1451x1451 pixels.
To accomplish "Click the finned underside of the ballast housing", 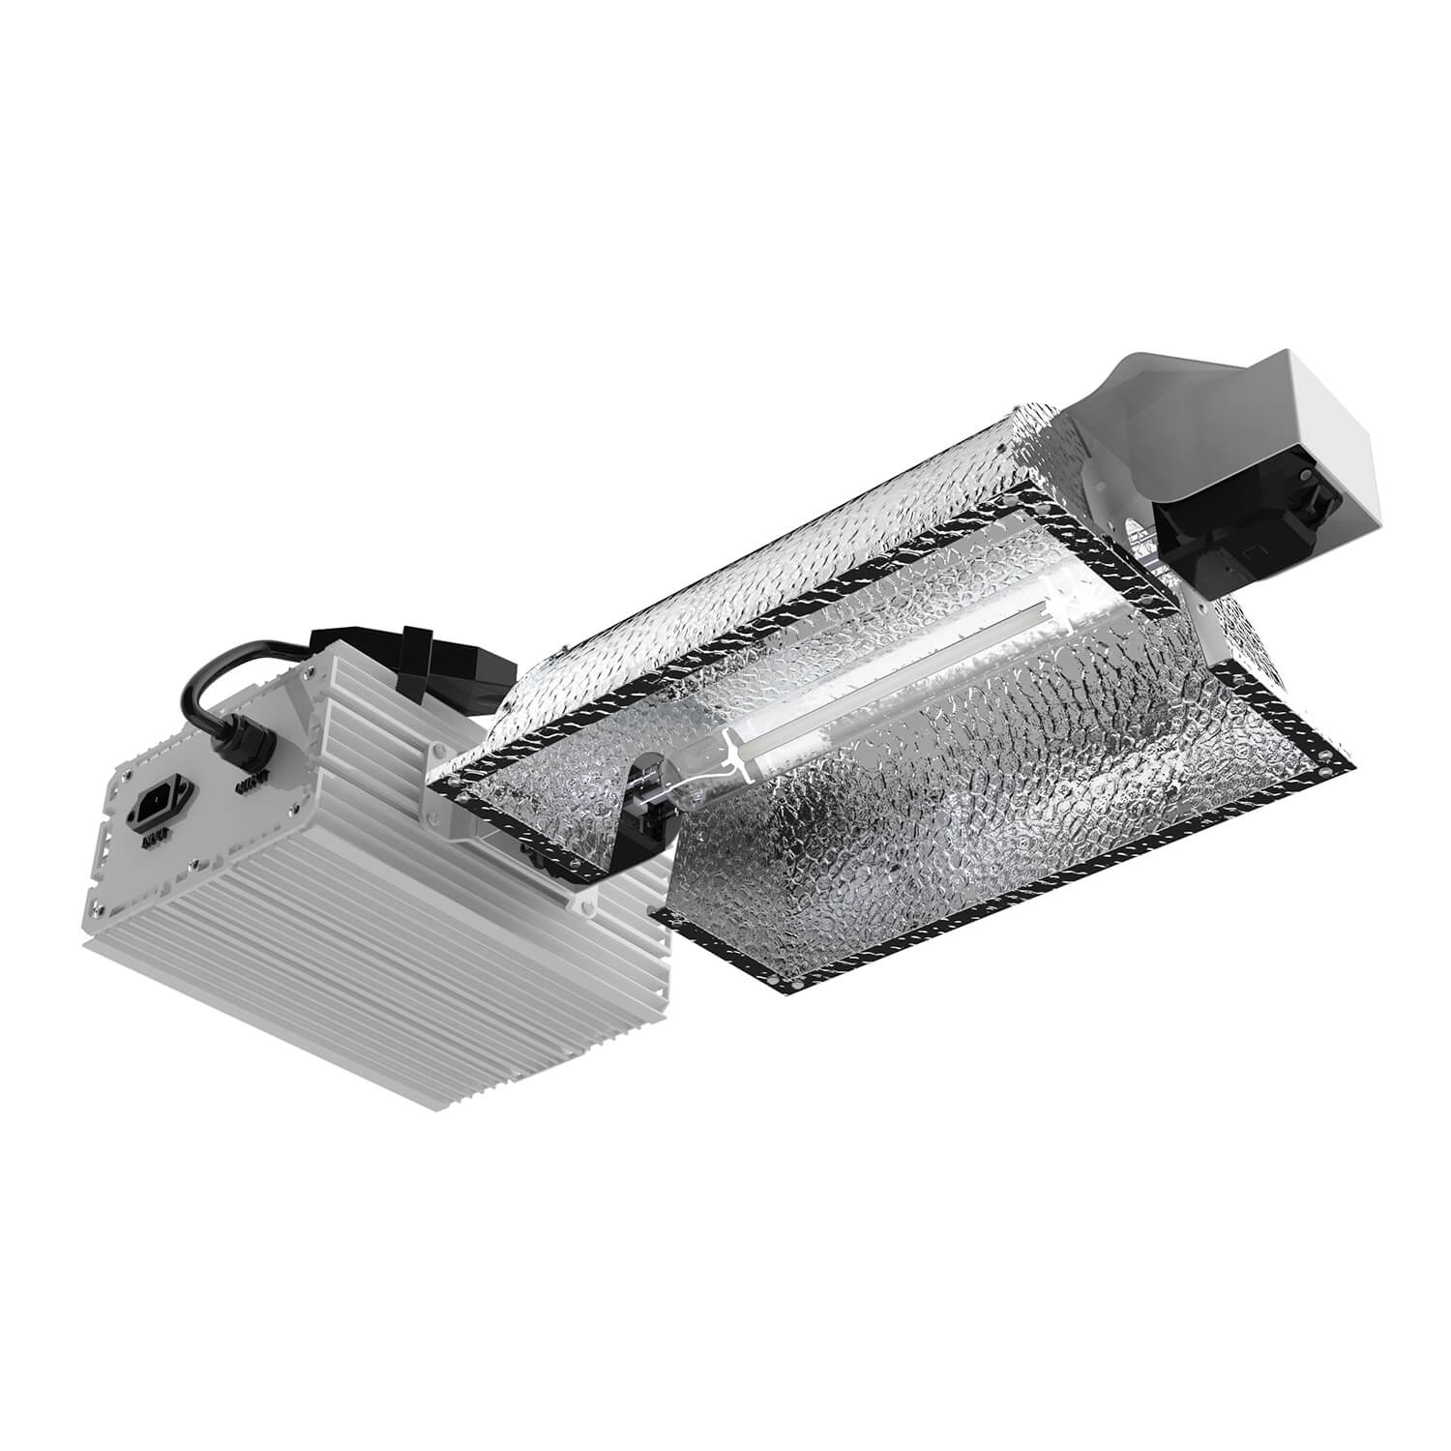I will (387, 987).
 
